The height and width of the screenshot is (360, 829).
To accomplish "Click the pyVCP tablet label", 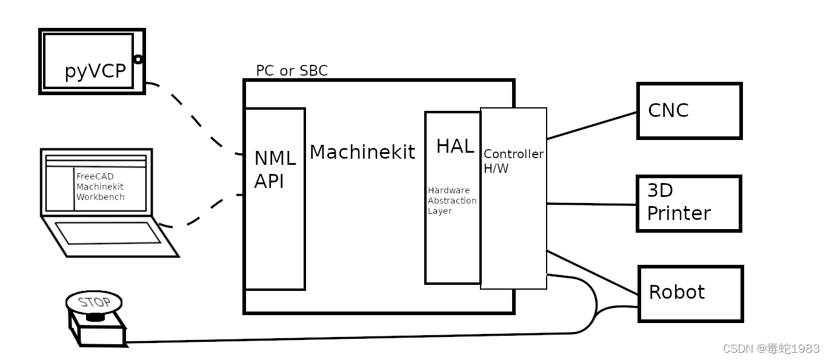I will coord(95,72).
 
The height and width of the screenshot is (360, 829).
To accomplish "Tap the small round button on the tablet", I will coord(138,59).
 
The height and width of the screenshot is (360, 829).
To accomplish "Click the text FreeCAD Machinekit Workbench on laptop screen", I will coord(101,187).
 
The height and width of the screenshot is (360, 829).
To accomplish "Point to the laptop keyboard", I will coord(108,233).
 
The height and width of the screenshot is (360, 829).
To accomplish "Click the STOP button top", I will coord(94,302).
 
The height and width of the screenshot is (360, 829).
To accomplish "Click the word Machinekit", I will coord(362,152).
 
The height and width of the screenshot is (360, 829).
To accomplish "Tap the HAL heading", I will coord(454,146).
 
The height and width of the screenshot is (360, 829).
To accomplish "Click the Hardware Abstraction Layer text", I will coord(451,201).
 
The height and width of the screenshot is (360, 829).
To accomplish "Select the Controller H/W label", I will coord(513,161).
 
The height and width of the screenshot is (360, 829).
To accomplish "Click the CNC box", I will coord(689,111).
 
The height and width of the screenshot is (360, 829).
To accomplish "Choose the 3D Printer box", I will coord(689,204).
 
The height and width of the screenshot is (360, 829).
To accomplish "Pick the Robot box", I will coord(690,293).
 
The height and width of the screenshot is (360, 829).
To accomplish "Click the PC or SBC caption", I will coord(291,71).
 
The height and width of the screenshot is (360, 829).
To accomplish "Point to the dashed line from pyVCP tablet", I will coord(194,118).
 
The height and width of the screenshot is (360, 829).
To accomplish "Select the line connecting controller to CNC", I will coord(591,125).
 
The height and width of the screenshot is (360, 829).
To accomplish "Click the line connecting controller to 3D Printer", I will coord(591,204).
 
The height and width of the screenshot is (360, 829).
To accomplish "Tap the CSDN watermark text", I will coord(771,348).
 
